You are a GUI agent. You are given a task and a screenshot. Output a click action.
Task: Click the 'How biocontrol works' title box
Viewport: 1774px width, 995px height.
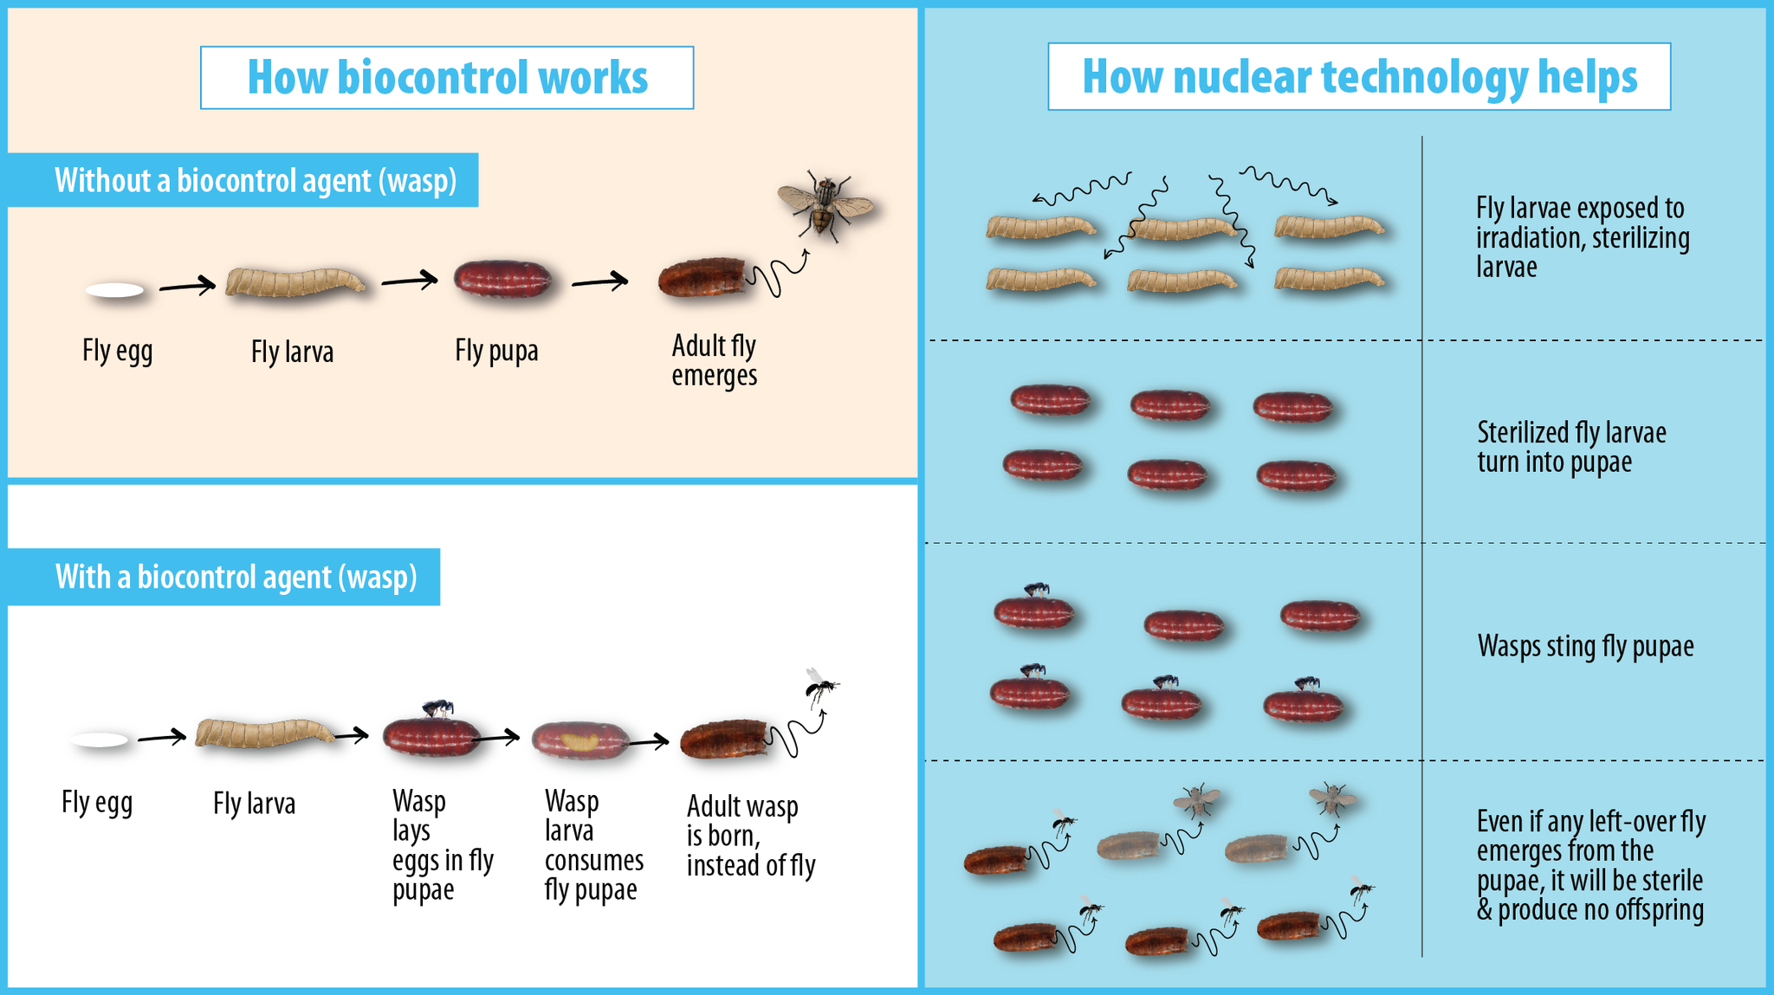click(447, 77)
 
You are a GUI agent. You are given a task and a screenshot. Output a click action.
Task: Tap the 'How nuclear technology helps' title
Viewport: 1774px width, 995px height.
click(1359, 76)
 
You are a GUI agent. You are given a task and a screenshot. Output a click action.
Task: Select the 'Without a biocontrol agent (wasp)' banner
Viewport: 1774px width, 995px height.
click(256, 180)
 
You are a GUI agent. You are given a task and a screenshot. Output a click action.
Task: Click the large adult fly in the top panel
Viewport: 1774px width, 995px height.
click(824, 204)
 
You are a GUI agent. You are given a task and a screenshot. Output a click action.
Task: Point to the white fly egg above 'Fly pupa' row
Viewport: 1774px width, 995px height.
click(115, 290)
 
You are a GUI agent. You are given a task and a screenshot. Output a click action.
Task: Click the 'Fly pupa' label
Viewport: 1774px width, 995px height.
click(496, 351)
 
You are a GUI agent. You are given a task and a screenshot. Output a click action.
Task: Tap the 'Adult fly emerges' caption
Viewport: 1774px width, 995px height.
click(714, 360)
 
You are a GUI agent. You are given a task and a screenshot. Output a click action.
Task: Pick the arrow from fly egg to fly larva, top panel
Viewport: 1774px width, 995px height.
click(186, 284)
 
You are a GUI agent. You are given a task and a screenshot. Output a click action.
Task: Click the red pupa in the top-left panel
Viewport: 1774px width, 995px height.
click(503, 280)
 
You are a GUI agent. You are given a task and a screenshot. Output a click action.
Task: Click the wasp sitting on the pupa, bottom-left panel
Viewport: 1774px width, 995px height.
click(438, 708)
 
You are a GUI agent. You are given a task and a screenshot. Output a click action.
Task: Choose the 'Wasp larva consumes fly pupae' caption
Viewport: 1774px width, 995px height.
click(593, 845)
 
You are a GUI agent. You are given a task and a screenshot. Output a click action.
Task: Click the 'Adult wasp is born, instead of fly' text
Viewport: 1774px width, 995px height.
click(750, 836)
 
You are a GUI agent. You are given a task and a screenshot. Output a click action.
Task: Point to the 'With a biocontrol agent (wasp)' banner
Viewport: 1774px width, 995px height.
click(236, 577)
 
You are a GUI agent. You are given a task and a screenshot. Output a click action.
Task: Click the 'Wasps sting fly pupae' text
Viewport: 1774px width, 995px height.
click(1585, 646)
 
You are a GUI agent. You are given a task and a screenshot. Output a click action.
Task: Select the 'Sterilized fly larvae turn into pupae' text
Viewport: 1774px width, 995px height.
click(1571, 447)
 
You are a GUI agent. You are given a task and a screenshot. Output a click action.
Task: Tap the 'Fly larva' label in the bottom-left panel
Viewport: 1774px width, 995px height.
click(254, 804)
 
